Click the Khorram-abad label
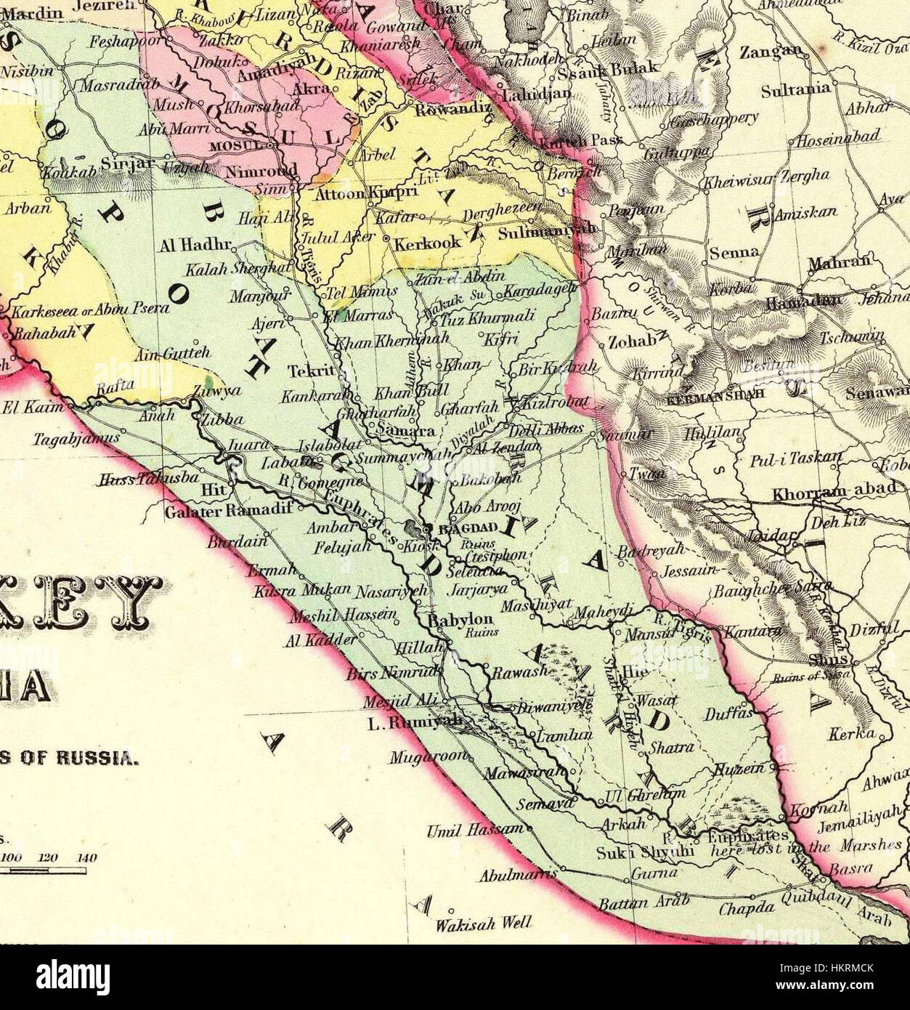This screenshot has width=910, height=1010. (834, 491)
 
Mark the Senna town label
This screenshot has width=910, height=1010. (734, 252)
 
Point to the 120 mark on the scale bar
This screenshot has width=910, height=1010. (48, 858)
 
